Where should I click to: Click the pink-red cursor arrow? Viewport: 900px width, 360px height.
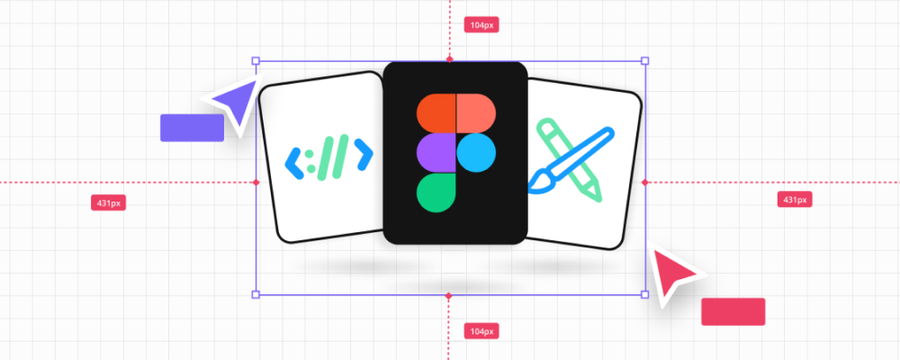(x=675, y=274)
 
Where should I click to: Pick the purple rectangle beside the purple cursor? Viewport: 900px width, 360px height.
(x=192, y=128)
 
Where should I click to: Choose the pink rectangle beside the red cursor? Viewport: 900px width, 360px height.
(x=733, y=311)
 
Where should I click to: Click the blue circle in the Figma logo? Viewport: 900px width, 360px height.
(x=475, y=153)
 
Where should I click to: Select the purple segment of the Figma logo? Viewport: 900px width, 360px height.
(x=436, y=153)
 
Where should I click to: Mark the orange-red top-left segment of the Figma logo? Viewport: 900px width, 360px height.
(x=436, y=114)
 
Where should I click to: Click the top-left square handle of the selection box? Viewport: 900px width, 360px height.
(x=256, y=61)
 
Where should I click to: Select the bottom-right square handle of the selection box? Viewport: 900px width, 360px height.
(x=644, y=294)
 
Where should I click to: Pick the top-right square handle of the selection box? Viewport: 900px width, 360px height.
(x=644, y=61)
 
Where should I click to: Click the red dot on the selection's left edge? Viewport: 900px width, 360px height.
(x=256, y=183)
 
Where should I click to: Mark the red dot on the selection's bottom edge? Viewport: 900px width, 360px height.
(x=449, y=294)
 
